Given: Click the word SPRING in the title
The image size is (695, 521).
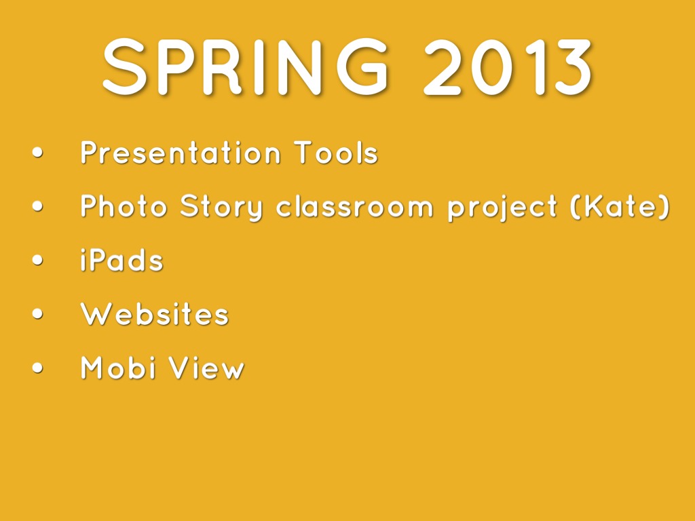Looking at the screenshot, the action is click(x=246, y=67).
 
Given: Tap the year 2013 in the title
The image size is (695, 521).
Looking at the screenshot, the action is click(x=508, y=67).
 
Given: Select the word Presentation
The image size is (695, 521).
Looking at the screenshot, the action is click(x=181, y=153).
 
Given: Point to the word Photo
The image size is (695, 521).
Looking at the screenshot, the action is click(x=124, y=206).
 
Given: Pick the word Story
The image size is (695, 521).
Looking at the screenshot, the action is click(x=222, y=208).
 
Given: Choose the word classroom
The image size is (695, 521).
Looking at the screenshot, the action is click(x=354, y=206).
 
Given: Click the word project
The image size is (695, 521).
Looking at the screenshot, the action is click(x=502, y=208).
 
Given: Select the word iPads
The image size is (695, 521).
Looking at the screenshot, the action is click(x=122, y=260).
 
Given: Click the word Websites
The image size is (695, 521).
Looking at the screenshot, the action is click(x=154, y=314).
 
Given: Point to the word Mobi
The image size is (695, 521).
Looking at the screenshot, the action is click(x=119, y=368).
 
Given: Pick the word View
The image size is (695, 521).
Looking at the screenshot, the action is click(x=206, y=368).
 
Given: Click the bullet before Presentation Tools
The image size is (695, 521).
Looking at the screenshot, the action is click(x=38, y=153).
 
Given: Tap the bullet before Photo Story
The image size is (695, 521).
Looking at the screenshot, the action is click(x=38, y=206).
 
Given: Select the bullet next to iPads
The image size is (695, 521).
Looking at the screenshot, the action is click(x=38, y=260).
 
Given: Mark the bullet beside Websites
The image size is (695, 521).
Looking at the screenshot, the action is click(x=38, y=313).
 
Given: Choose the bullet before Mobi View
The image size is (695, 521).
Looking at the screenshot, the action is click(x=38, y=368).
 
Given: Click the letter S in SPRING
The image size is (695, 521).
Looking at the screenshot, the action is click(x=125, y=67).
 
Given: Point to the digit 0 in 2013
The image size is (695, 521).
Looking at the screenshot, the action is click(x=491, y=67).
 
